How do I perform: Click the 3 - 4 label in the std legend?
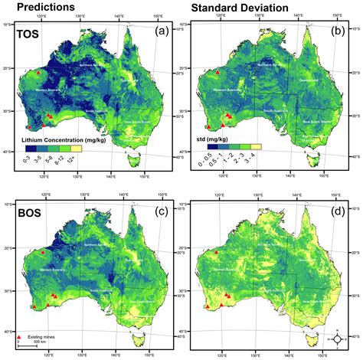pos(253,159)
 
